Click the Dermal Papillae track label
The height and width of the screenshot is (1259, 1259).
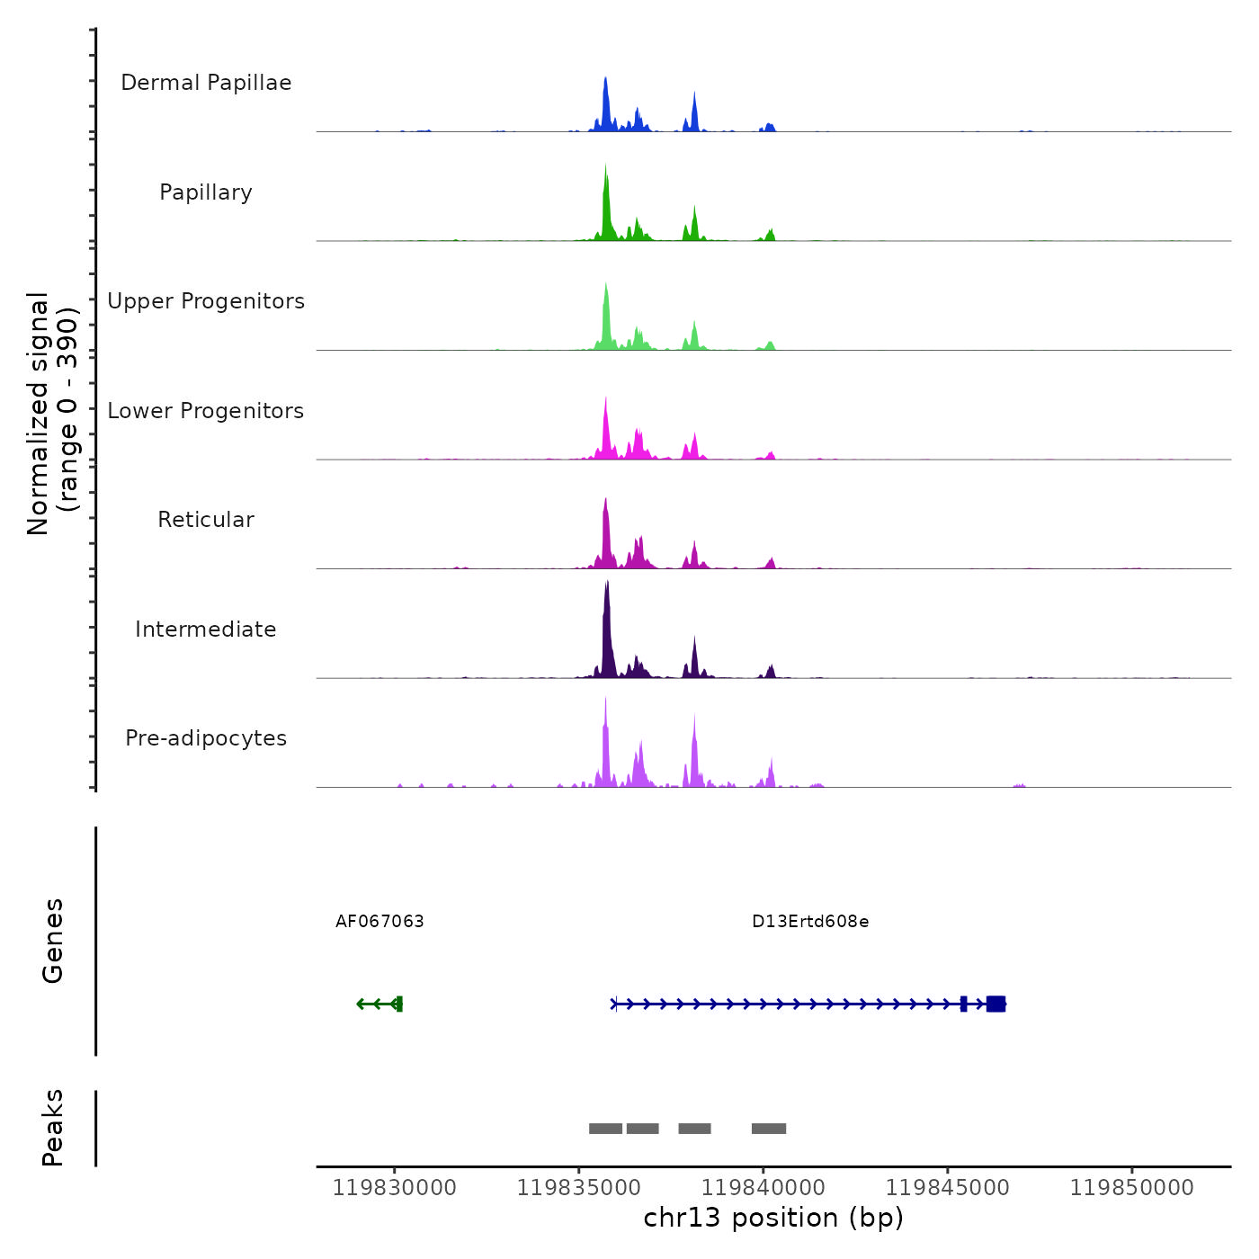pos(206,83)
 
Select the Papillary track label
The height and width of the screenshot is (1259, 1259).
pos(206,192)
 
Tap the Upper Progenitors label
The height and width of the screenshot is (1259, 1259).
pos(206,301)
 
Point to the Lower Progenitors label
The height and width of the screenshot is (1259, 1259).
pos(206,411)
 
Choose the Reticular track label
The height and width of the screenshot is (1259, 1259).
pos(206,520)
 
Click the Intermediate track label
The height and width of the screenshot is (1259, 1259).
pos(206,629)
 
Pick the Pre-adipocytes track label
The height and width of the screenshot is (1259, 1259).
pos(206,738)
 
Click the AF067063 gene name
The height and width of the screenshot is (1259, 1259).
pos(379,922)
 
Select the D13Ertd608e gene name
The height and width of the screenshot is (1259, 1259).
pos(810,922)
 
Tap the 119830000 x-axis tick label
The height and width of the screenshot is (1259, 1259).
pos(395,1188)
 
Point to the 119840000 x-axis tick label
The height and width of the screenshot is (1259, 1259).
pos(763,1188)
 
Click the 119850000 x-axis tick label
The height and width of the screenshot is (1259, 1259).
pos(1132,1188)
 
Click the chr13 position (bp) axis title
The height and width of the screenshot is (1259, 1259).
pos(773,1218)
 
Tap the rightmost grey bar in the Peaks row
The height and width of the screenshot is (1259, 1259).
pos(769,1129)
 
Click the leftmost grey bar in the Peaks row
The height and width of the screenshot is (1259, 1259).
pos(605,1129)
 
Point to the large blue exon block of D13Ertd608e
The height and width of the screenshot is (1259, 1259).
pos(996,1004)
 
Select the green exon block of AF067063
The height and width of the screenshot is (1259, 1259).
pos(399,1004)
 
